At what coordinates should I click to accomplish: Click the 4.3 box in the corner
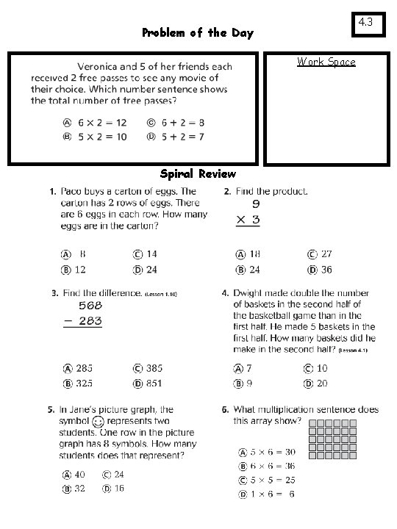pyautogui.click(x=366, y=22)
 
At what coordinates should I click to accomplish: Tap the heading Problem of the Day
pyautogui.click(x=197, y=33)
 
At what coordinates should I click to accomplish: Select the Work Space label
pyautogui.click(x=326, y=62)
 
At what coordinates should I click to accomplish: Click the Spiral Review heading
pyautogui.click(x=198, y=174)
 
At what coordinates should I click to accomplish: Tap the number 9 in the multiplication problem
pyautogui.click(x=256, y=204)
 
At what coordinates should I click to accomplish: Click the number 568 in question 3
pyautogui.click(x=82, y=306)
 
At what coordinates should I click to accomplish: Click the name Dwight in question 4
pyautogui.click(x=251, y=293)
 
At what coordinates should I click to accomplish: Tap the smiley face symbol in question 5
pyautogui.click(x=98, y=422)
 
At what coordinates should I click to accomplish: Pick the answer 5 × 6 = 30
pyautogui.click(x=266, y=452)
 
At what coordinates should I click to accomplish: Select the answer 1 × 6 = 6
pyautogui.click(x=266, y=494)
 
